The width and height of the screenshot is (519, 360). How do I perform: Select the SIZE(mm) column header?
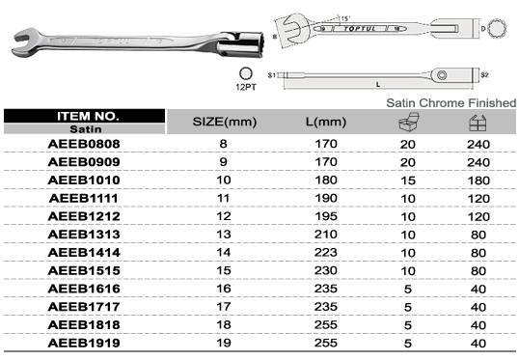pyautogui.click(x=225, y=122)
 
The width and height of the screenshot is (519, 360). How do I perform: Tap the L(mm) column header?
pyautogui.click(x=326, y=122)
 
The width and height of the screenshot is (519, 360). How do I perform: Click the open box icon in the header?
pyautogui.click(x=409, y=122)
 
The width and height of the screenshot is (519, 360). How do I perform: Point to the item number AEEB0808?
pyautogui.click(x=84, y=144)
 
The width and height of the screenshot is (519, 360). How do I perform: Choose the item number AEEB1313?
pyautogui.click(x=84, y=235)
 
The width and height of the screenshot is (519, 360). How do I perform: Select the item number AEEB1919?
pyautogui.click(x=84, y=343)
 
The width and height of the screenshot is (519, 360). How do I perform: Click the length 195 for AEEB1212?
pyautogui.click(x=326, y=216)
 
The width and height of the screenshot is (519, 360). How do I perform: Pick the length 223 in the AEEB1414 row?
pyautogui.click(x=326, y=252)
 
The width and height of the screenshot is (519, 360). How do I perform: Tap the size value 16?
pyautogui.click(x=224, y=289)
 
